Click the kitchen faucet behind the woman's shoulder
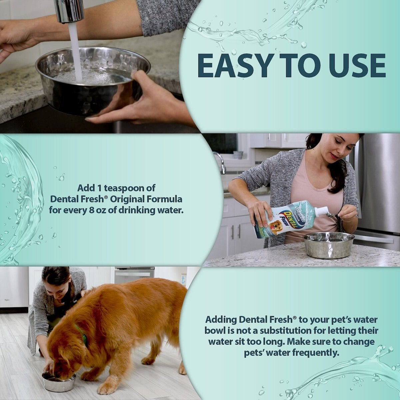pyautogui.click(x=220, y=162)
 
